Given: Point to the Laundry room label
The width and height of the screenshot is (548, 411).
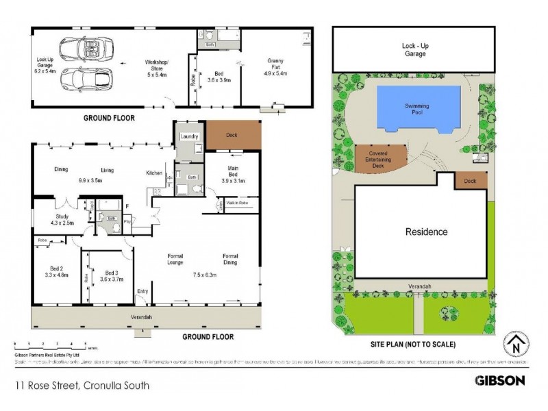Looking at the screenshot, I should pos(189,137).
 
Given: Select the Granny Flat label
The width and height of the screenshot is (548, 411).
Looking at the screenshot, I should pos(275,67).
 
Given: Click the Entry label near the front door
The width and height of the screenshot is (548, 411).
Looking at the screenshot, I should pos(142,291).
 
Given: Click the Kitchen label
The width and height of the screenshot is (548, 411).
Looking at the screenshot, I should pos(153,173).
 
